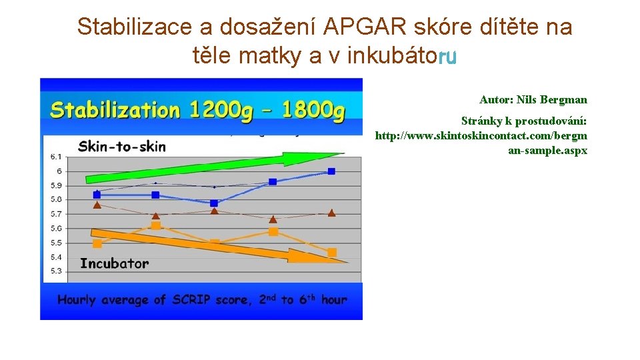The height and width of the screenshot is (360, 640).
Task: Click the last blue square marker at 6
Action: click(x=331, y=171)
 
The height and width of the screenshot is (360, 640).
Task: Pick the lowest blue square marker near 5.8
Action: click(x=213, y=203)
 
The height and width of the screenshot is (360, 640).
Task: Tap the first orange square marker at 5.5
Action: click(x=97, y=243)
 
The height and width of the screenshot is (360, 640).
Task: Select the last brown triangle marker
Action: click(x=331, y=213)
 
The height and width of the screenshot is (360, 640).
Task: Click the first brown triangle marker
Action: click(x=97, y=205)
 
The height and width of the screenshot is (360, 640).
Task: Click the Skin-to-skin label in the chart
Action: click(x=122, y=145)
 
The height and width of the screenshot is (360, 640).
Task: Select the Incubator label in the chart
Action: click(x=114, y=263)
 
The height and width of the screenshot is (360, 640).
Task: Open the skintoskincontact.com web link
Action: click(x=481, y=143)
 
